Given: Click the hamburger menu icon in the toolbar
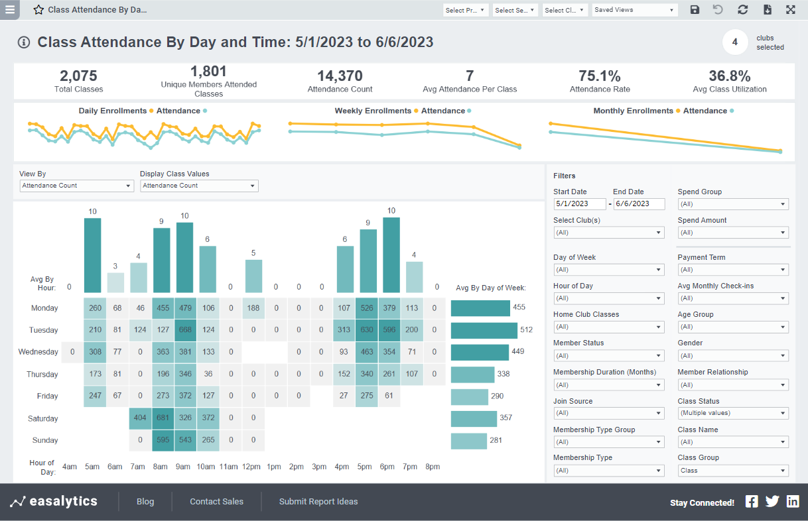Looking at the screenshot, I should (10, 10).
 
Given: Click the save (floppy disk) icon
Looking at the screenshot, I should (695, 10).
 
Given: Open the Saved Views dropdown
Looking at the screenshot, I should (634, 10).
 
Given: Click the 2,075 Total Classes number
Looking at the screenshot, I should (78, 76).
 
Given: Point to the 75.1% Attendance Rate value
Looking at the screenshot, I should (600, 76).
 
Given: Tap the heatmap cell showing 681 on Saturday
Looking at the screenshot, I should (163, 418).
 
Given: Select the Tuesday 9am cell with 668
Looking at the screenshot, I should (185, 330).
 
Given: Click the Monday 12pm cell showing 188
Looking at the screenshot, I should (253, 308).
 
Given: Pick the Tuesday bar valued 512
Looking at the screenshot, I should (484, 330).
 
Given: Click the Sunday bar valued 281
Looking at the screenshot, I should (469, 441).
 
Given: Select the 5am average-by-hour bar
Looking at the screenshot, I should (92, 255).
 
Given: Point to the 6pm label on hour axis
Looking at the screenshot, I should (387, 467).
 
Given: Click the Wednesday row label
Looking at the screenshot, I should (38, 352).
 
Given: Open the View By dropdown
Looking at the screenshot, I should (76, 186).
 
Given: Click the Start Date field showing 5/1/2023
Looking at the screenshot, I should (579, 204).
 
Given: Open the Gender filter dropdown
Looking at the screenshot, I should (733, 356).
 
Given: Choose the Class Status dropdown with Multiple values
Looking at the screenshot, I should (733, 413).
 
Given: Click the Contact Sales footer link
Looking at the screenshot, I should (216, 502).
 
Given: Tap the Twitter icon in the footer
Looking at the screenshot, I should (772, 501).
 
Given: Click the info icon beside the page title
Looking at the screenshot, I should (24, 43).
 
